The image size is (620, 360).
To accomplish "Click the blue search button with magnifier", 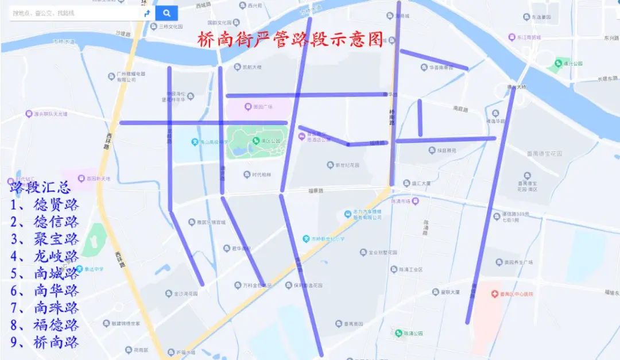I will pos(166,13).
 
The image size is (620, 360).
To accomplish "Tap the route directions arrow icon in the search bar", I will pos(147,13).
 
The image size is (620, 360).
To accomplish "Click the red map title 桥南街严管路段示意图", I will pos(290,40).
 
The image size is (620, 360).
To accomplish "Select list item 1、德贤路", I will pos(45,204).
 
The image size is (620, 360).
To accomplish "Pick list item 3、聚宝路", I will pos(45,239).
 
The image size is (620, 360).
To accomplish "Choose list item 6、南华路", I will pos(45,291).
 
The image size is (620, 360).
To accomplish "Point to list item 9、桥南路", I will pos(45,342).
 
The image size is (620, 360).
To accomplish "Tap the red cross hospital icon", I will pos(494,294).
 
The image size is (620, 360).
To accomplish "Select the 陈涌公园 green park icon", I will pos(398,333).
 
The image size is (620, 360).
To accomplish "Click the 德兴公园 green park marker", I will pos(557,63).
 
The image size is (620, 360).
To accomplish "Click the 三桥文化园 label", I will pos(170,26).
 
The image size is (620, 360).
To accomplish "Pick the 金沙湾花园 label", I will pos(185,293).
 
